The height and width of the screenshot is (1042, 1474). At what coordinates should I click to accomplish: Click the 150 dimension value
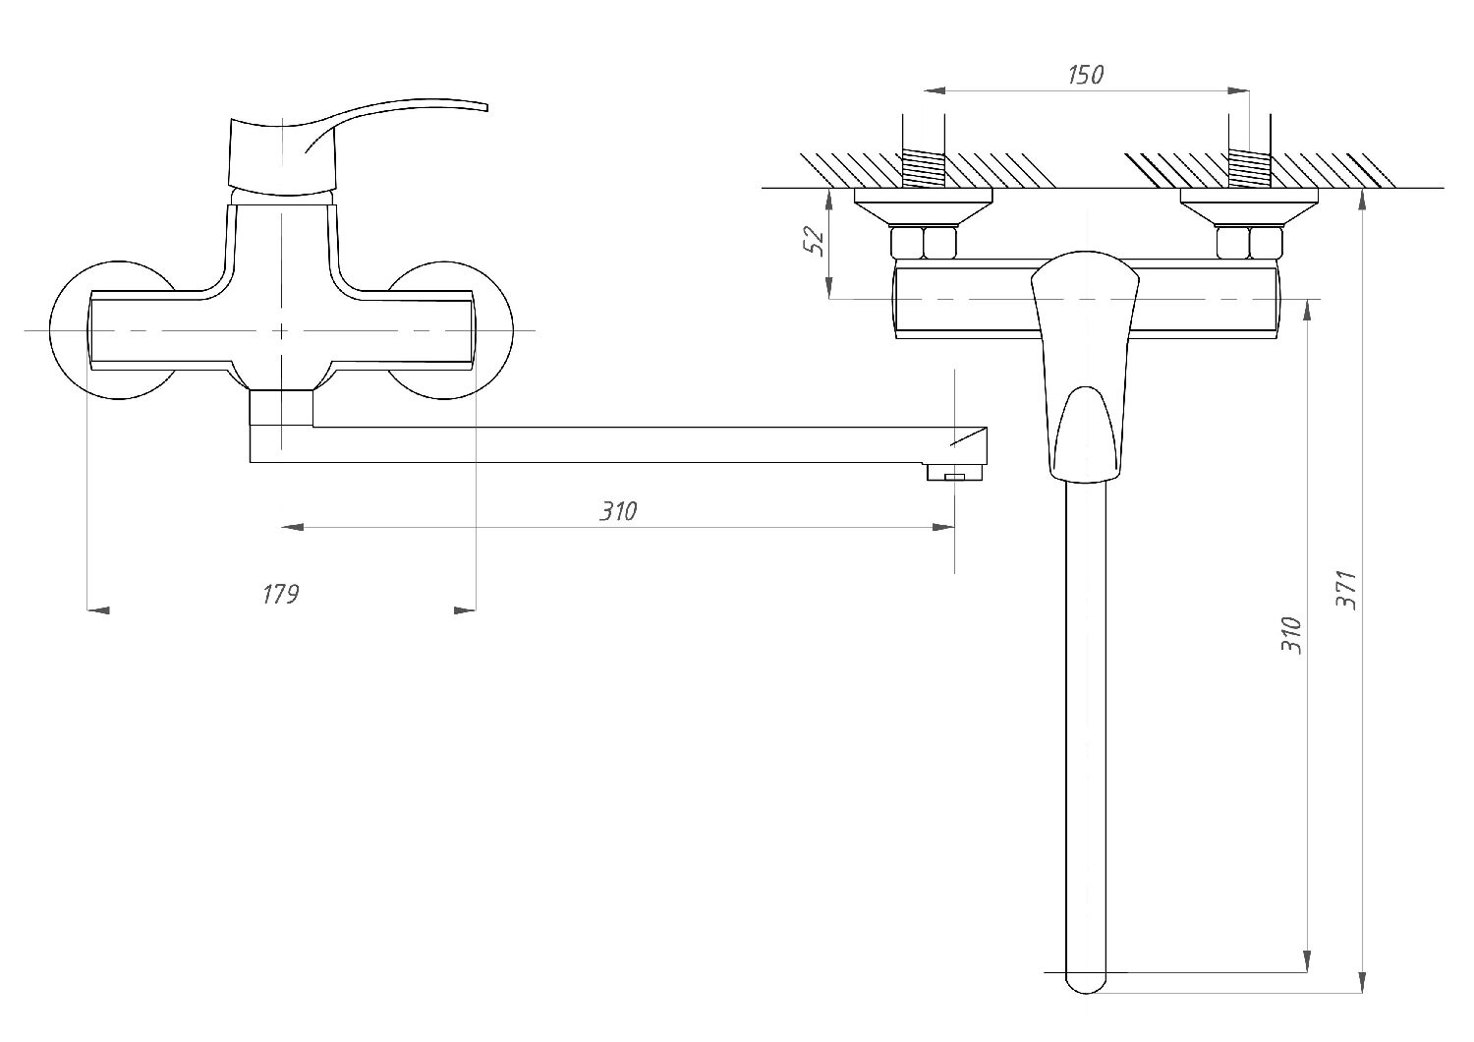pyautogui.click(x=1085, y=75)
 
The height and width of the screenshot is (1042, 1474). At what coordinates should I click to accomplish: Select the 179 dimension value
pyautogui.click(x=280, y=594)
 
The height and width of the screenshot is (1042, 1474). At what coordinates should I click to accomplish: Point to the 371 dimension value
pyautogui.click(x=1349, y=590)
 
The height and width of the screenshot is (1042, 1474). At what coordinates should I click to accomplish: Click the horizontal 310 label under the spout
pyautogui.click(x=619, y=511)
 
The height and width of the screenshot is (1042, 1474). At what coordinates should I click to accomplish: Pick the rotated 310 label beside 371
pyautogui.click(x=1292, y=636)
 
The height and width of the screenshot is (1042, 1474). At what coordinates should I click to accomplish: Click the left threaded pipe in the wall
pyautogui.click(x=923, y=167)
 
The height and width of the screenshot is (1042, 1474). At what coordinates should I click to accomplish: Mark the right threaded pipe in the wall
pyautogui.click(x=1249, y=167)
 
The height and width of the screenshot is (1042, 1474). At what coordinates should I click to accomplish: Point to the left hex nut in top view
pyautogui.click(x=923, y=242)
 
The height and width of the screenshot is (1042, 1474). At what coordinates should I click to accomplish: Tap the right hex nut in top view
pyautogui.click(x=1249, y=242)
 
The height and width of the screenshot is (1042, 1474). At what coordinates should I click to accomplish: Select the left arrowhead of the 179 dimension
pyautogui.click(x=98, y=610)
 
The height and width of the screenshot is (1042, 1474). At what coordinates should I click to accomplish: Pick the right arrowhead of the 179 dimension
pyautogui.click(x=466, y=610)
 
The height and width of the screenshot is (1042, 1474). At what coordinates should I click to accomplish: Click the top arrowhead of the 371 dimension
pyautogui.click(x=1362, y=201)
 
